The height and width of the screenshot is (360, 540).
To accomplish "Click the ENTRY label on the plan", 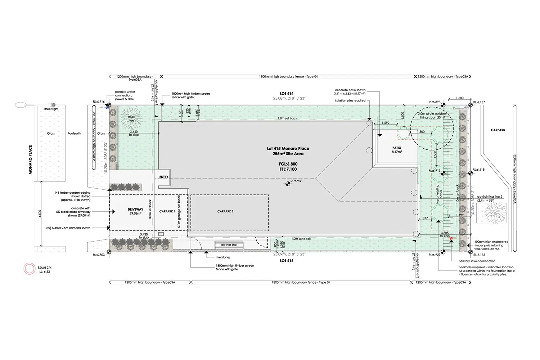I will tap(164, 177).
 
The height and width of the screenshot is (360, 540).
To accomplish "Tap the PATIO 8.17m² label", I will tap(397, 150).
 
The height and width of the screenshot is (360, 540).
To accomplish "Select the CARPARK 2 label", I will tap(225, 211).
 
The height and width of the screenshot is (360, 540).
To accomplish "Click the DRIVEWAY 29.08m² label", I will tap(135, 211).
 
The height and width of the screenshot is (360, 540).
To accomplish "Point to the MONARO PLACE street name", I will tap(31, 160).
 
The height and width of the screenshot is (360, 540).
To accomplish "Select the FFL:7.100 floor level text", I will tap(288, 169).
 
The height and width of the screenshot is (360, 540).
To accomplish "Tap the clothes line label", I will tap(229, 245).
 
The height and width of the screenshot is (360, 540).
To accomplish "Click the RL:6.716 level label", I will tap(98, 102).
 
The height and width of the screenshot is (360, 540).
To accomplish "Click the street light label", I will tap(51, 109).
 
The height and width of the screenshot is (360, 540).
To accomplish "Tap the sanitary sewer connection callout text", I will tap(477, 261).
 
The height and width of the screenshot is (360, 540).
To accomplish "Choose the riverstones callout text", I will tap(223, 257).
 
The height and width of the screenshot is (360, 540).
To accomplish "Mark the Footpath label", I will tap(74, 133).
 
